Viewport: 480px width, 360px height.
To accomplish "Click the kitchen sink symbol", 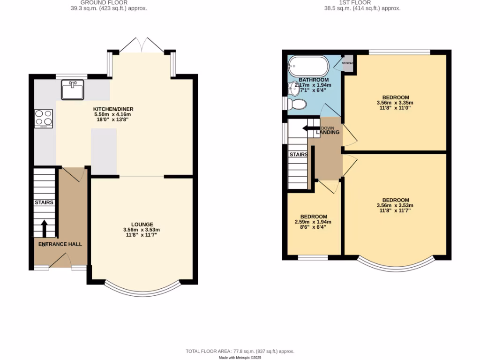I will [72, 90].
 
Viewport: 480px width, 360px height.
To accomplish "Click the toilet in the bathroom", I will [296, 103].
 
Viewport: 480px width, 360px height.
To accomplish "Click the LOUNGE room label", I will [142, 224].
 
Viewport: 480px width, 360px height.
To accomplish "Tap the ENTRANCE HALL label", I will [60, 244].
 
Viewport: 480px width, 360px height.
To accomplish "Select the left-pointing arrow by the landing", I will [311, 128].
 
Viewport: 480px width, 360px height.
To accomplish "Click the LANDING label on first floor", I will [328, 133].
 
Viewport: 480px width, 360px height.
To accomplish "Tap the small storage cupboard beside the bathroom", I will [348, 65].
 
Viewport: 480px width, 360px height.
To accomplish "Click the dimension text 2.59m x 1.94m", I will [313, 222].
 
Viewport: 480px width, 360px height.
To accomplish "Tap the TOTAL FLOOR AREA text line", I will [240, 351].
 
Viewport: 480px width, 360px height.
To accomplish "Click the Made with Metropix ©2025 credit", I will [240, 357].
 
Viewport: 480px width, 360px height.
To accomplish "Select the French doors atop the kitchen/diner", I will [141, 45].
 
